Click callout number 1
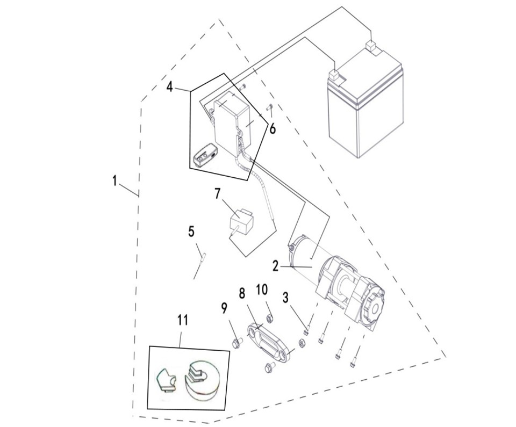(x=114, y=181)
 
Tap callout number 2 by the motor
(x=275, y=265)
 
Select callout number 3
(x=285, y=298)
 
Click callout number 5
(x=191, y=231)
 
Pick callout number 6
(x=273, y=129)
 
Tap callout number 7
(x=218, y=194)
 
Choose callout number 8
(x=242, y=293)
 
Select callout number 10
(x=262, y=290)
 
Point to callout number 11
(x=183, y=321)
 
